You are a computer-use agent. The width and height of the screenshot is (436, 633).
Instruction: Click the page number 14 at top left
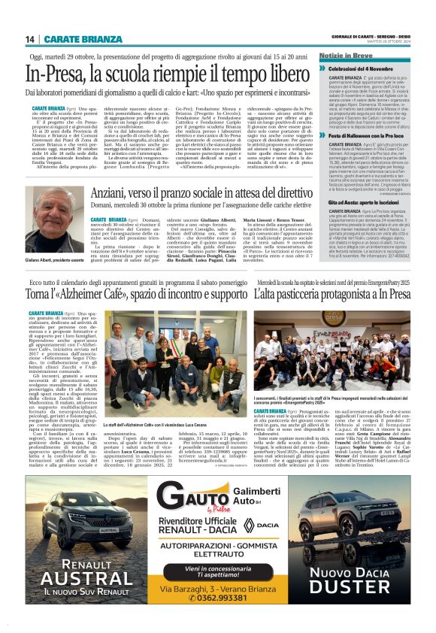coord(31,38)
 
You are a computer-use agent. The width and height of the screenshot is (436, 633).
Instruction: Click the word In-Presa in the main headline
coord(59,74)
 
